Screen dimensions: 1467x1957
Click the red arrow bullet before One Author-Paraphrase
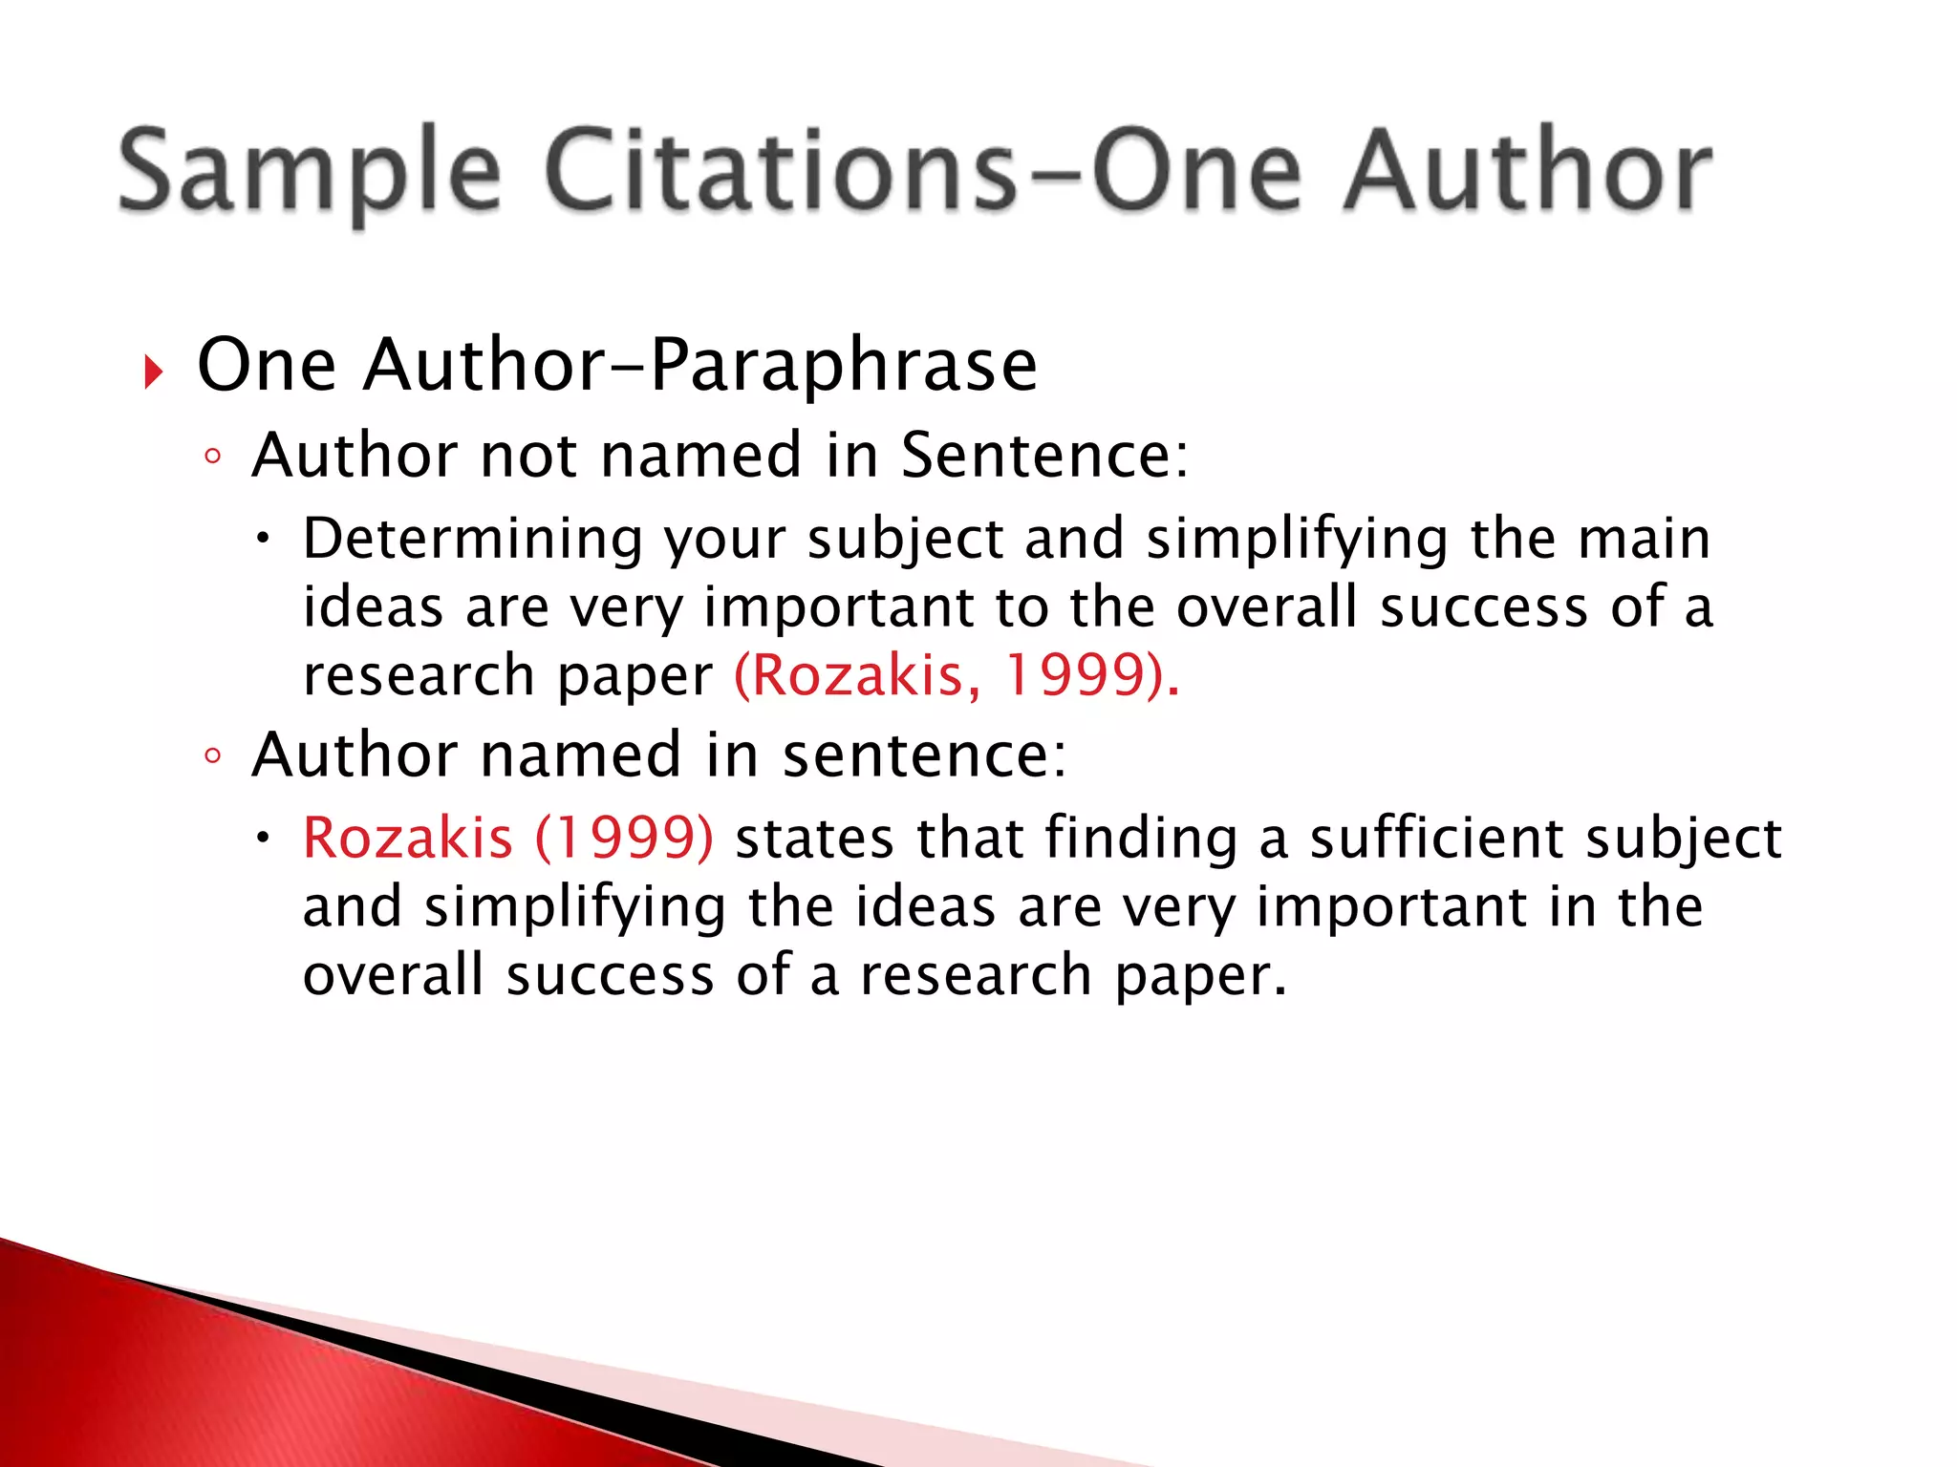pos(153,371)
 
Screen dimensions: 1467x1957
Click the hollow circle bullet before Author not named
pos(212,457)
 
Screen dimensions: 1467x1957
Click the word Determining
pos(473,538)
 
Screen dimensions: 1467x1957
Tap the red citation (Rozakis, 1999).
pos(957,675)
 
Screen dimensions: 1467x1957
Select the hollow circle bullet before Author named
pos(212,756)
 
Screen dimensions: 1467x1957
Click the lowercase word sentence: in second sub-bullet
pos(924,755)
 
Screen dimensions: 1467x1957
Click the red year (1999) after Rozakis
pos(624,838)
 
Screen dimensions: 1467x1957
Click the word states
pos(815,838)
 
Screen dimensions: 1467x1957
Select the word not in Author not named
pos(528,455)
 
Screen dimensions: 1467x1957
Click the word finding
pos(1141,838)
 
